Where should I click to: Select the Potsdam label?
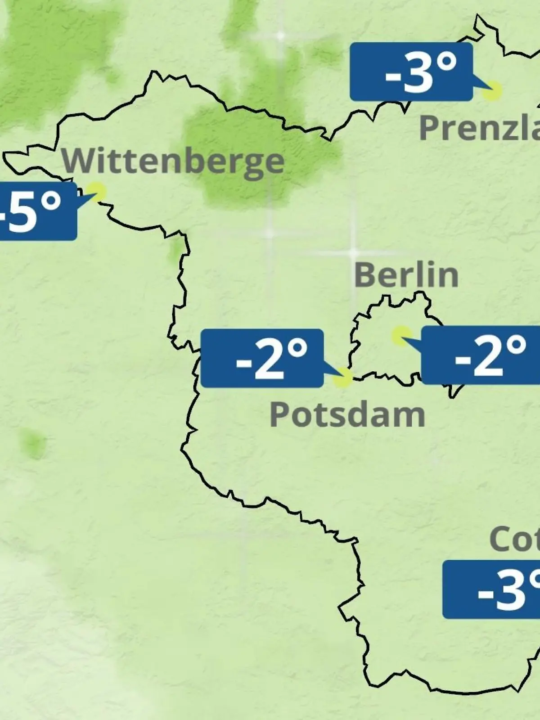point(347,414)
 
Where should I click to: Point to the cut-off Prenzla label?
point(479,128)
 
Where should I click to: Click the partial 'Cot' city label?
point(514,539)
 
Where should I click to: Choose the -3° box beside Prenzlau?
point(411,72)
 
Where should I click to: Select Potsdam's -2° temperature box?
point(262,358)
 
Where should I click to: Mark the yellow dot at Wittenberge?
point(97,190)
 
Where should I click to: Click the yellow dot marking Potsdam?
point(342,378)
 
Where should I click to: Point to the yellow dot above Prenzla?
point(491,90)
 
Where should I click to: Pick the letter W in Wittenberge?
point(76,161)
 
